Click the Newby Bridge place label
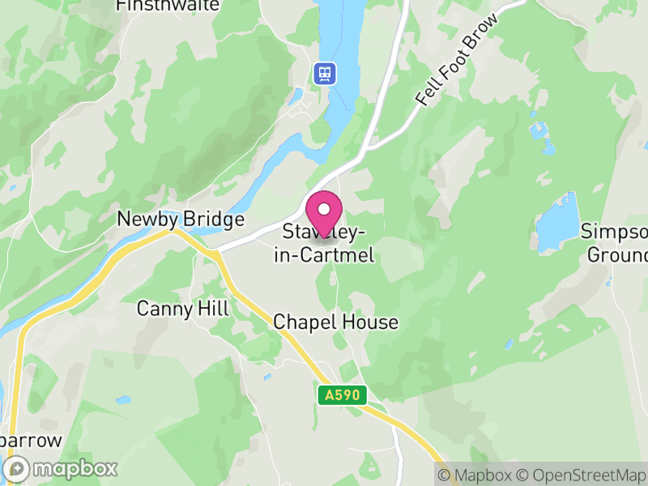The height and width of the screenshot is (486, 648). (181, 220)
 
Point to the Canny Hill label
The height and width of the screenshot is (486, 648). (183, 309)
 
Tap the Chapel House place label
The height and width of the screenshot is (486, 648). (336, 322)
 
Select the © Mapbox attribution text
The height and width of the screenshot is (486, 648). (475, 475)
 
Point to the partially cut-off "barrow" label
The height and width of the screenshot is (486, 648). (32, 441)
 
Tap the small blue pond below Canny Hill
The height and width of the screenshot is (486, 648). (123, 399)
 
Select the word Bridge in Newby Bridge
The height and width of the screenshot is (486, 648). (212, 220)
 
